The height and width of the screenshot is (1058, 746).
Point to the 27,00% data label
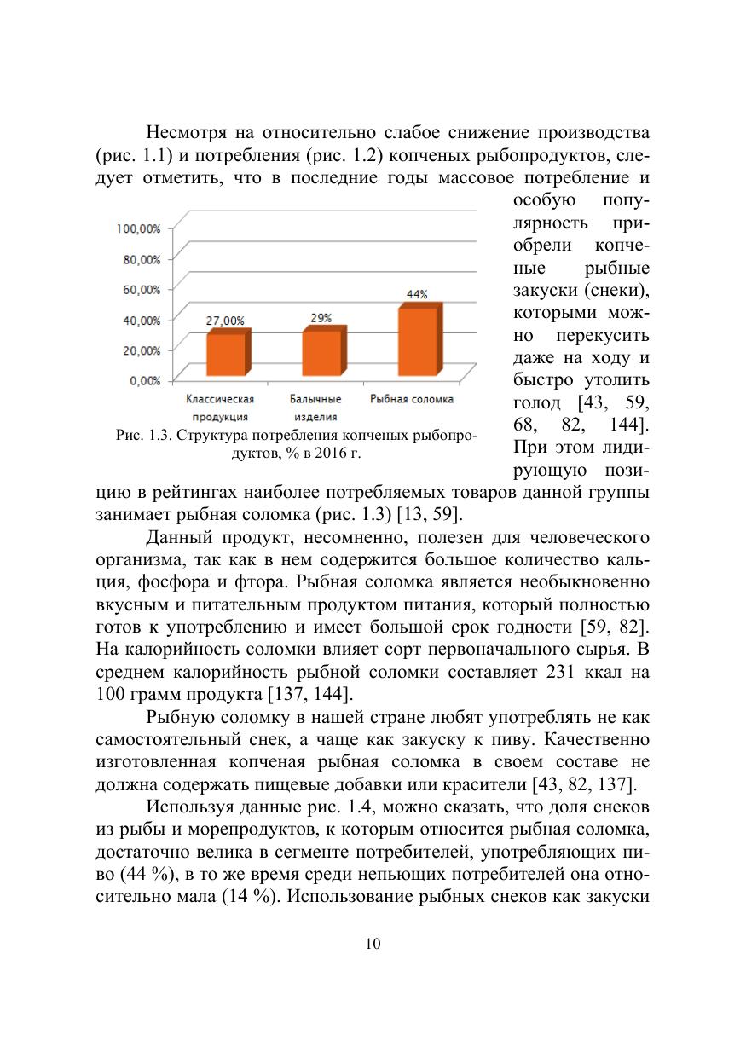pos(225,321)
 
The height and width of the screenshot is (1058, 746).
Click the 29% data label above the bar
pos(321,317)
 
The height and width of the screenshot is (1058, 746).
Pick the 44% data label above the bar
pos(417,294)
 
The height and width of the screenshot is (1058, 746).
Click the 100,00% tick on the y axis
pos(138,228)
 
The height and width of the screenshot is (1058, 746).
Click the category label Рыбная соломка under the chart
pos(412,399)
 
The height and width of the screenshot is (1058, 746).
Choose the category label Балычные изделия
pos(315,408)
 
